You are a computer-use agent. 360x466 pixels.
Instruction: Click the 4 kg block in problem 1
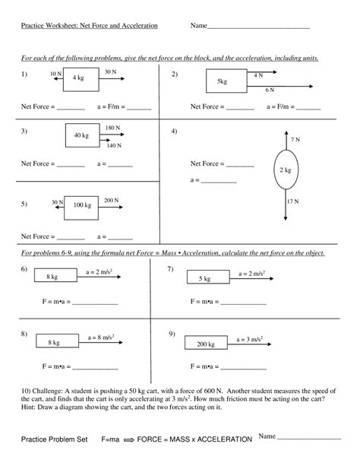pos(79,78)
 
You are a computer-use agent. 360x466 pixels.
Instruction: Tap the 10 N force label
pos(54,73)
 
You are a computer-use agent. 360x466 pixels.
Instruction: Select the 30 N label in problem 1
pos(110,71)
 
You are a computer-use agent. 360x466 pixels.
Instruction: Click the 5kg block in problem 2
pos(223,81)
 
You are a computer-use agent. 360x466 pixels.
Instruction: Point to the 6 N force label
pos(269,90)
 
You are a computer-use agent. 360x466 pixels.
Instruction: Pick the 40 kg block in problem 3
pos(81,135)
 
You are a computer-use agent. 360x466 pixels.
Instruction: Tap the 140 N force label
pos(114,144)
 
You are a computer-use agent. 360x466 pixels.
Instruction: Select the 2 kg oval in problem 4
pos(285,170)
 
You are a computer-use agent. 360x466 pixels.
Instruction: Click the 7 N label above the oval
pos(295,141)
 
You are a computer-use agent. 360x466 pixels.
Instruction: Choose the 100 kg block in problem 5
pos(81,205)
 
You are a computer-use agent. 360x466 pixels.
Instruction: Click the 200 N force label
pos(111,200)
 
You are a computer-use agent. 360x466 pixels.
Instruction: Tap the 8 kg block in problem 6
pos(52,277)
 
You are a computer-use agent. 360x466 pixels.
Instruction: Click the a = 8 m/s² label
pos(101,337)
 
